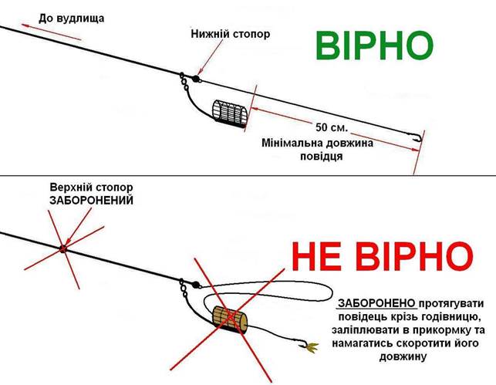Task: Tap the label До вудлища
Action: point(70,16)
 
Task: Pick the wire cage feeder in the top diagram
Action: point(229,116)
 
